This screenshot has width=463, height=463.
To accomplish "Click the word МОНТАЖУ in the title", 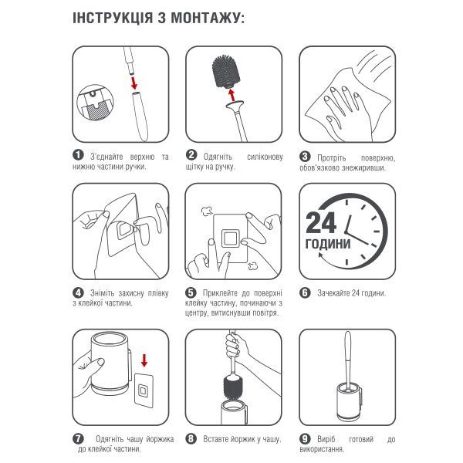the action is (x=208, y=19).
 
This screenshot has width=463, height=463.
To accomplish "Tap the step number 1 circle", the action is (x=78, y=155).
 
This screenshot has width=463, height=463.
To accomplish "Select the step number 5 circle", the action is (x=191, y=292).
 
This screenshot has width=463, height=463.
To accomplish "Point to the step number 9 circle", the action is (x=305, y=439).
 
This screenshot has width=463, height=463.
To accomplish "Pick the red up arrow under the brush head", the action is (x=232, y=95).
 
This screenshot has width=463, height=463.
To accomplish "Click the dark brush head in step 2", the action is (x=226, y=71).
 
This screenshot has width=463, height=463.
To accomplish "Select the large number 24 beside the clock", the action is (x=321, y=222).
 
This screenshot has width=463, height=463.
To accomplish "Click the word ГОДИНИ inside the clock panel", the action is (x=328, y=244).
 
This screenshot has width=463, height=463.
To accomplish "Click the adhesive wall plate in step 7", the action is (x=144, y=390).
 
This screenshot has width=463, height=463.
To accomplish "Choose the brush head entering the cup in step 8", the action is (x=233, y=387).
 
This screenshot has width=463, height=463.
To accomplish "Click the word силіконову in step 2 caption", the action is (x=265, y=157).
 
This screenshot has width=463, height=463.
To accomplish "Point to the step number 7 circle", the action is (x=78, y=439).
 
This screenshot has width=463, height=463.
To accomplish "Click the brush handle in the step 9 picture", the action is (x=348, y=360).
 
